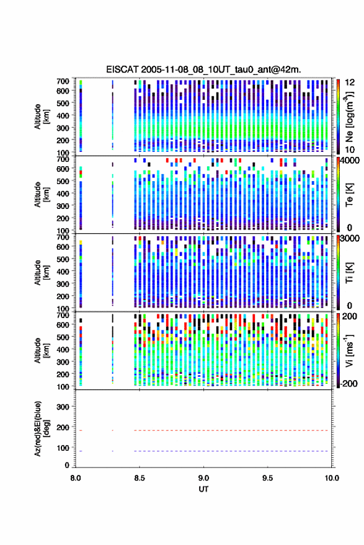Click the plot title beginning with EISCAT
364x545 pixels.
(203, 69)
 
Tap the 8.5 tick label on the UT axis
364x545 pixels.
(140, 478)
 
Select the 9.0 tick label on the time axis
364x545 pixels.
(203, 478)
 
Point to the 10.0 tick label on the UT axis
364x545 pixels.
(331, 478)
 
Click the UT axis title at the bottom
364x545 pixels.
(203, 489)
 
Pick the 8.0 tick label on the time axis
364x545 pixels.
(76, 478)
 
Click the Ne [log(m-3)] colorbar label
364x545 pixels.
(349, 117)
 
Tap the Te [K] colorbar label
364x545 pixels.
(349, 195)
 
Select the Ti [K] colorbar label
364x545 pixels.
(349, 273)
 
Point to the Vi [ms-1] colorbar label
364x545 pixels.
(349, 350)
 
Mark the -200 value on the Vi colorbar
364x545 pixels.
(349, 383)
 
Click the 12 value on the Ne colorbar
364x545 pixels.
(350, 82)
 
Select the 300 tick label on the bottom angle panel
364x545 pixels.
(63, 407)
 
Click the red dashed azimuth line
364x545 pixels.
(204, 430)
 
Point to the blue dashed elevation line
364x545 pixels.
(204, 451)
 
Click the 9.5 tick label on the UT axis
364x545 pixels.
(267, 478)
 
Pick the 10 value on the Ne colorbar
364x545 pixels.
(350, 149)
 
